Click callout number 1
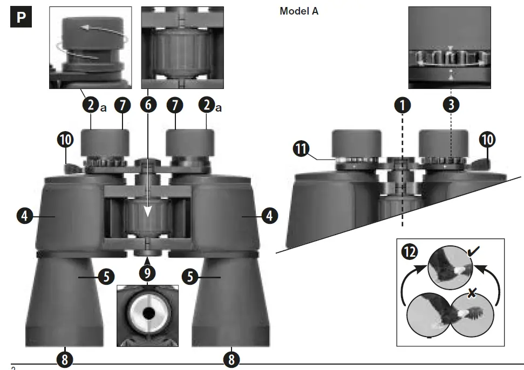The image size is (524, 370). [401, 105]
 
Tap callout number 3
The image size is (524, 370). [451, 105]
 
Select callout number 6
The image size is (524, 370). [148, 105]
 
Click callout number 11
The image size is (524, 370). [302, 147]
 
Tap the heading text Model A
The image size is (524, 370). [298, 11]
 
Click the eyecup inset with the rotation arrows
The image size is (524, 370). [90, 47]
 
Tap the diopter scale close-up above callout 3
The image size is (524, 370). [450, 47]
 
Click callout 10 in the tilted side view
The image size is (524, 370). [487, 139]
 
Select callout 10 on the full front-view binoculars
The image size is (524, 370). [65, 139]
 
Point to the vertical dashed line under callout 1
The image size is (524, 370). [402, 178]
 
